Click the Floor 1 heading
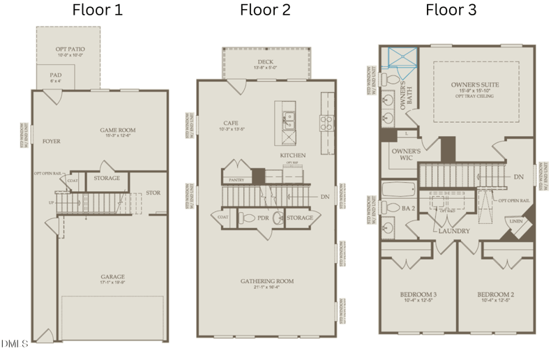98,10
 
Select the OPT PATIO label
69,50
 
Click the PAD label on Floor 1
56,75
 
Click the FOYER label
51,141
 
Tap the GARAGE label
112,277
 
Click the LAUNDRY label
453,231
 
